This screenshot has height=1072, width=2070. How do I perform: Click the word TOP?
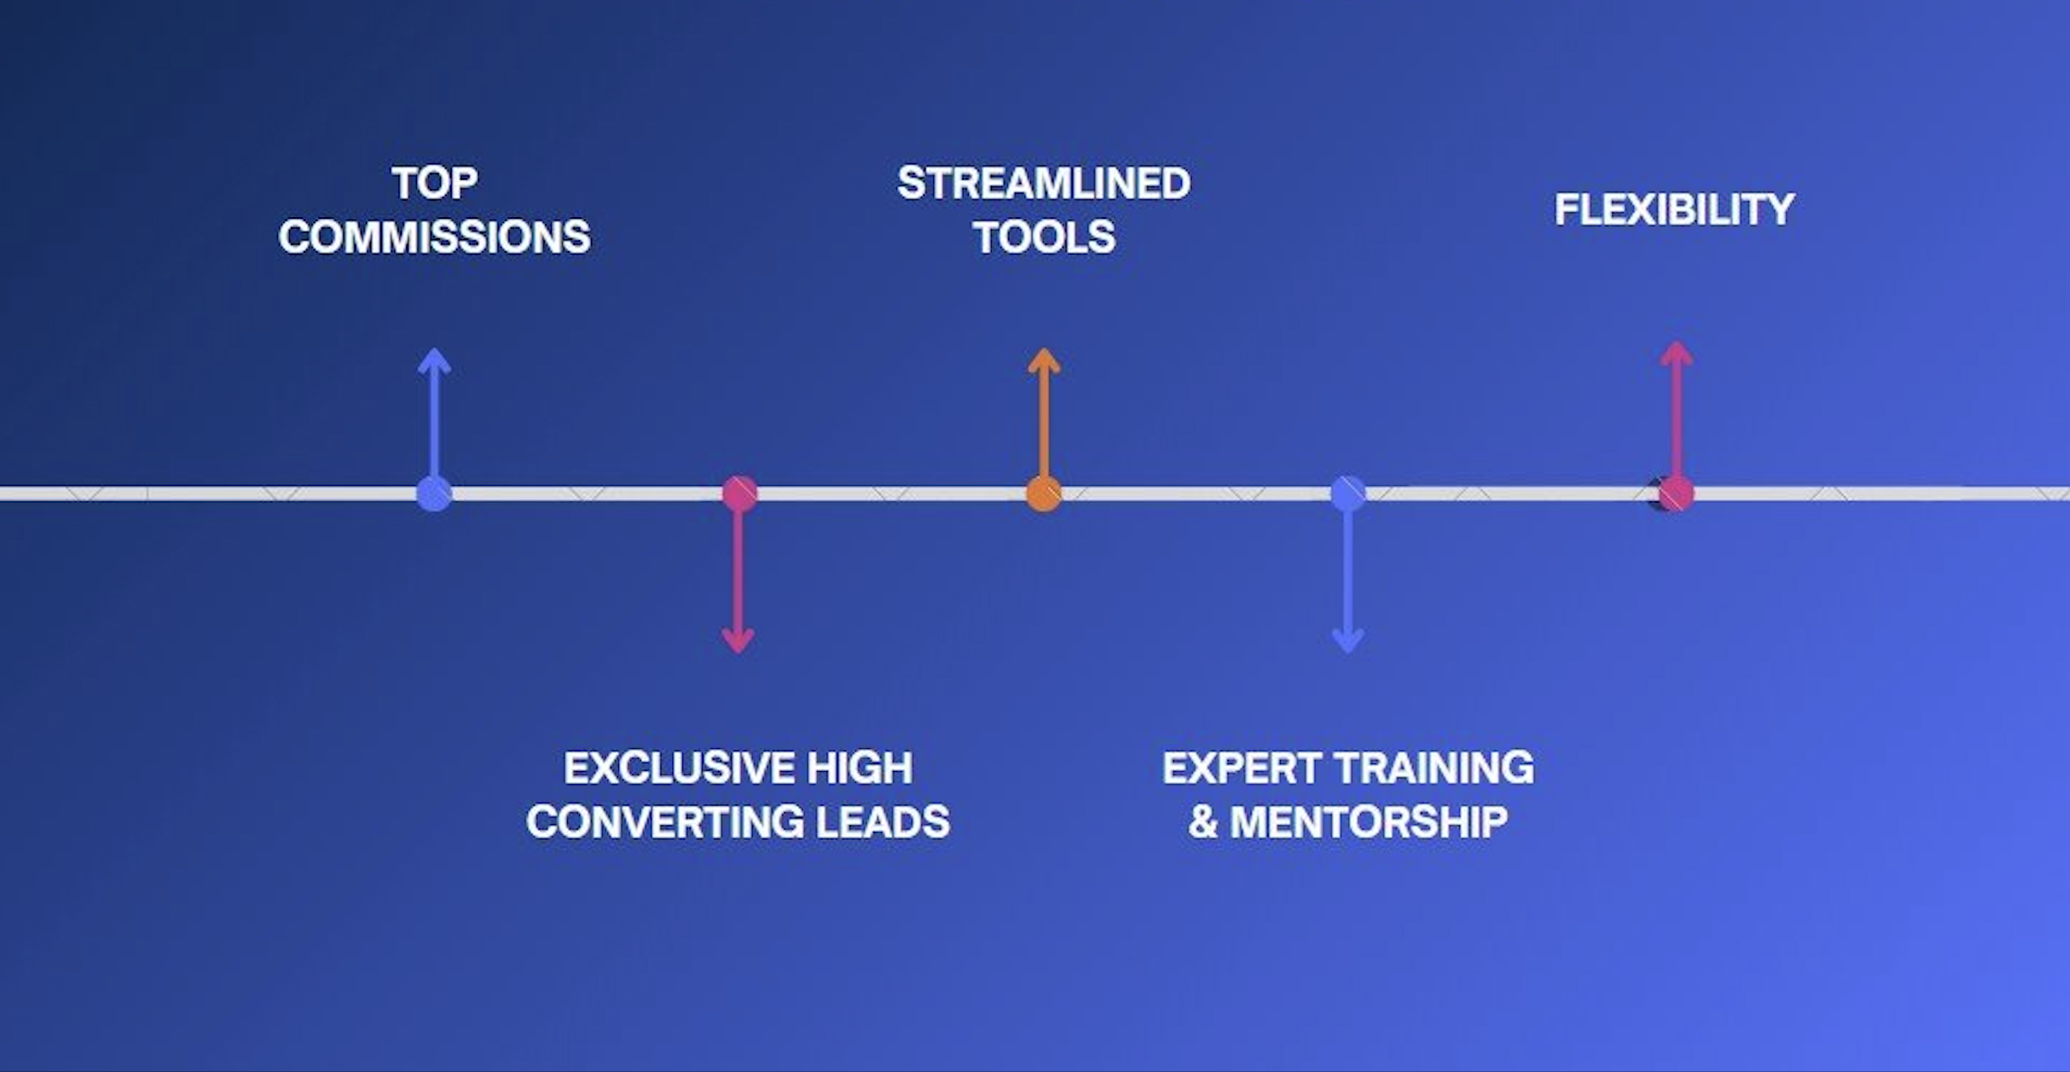click(x=435, y=183)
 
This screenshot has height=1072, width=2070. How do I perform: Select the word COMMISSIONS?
click(x=435, y=237)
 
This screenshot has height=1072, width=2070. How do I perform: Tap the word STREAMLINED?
click(x=1044, y=183)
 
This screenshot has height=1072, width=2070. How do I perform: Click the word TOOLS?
click(x=1044, y=237)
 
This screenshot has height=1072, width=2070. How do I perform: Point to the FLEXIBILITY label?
click(x=1675, y=209)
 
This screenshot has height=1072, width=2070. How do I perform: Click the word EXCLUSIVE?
click(x=679, y=768)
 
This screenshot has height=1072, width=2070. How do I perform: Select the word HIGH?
click(x=860, y=768)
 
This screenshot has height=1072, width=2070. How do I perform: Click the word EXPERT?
click(x=1243, y=768)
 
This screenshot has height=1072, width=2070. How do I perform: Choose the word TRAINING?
click(x=1435, y=768)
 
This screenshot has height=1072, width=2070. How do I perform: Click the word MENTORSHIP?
click(x=1369, y=822)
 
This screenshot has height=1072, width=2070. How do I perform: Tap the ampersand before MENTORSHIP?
click(x=1203, y=822)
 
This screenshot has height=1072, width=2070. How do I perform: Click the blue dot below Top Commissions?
click(x=435, y=494)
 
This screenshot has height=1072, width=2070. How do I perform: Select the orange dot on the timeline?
click(x=1044, y=494)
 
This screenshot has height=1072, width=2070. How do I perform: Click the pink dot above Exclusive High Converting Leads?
click(x=739, y=494)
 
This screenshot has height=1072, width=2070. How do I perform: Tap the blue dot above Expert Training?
click(x=1348, y=494)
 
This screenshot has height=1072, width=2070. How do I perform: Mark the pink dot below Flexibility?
click(x=1676, y=494)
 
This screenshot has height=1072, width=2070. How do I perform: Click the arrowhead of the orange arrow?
click(x=1044, y=359)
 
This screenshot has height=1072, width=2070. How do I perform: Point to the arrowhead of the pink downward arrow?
click(x=738, y=642)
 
